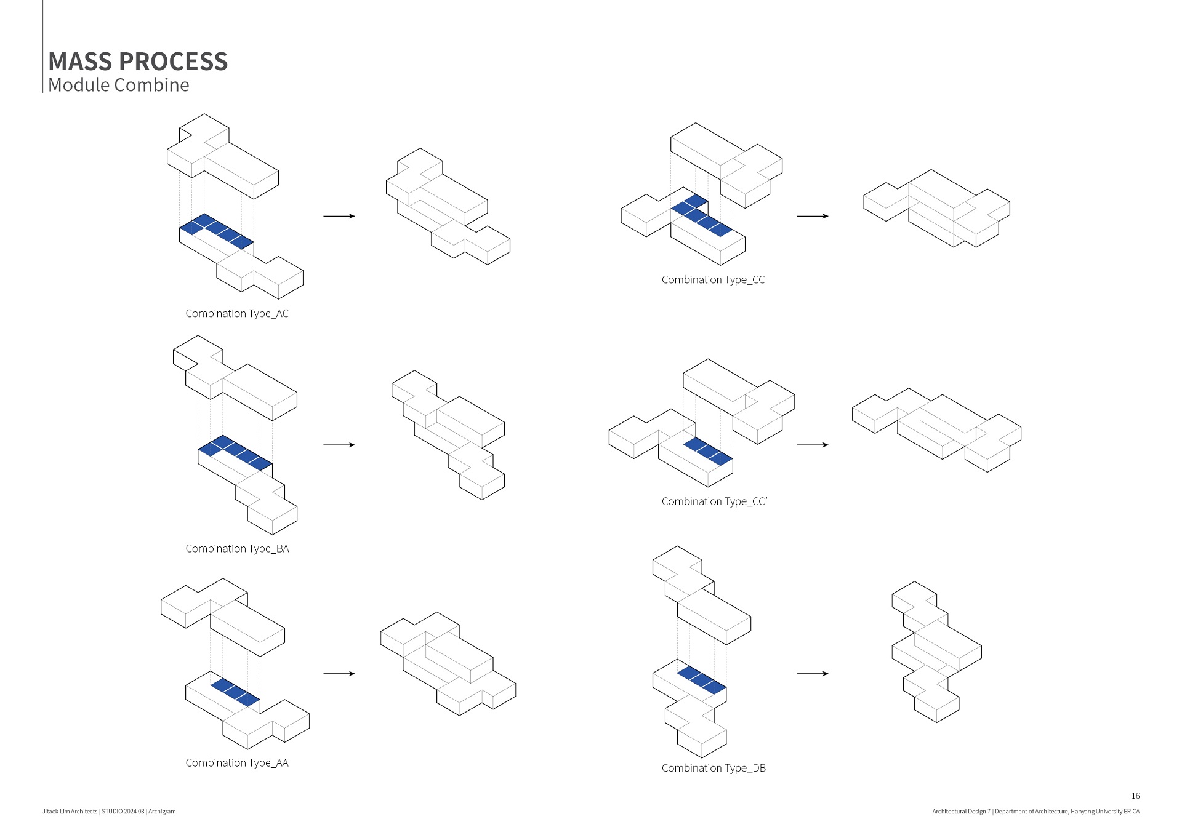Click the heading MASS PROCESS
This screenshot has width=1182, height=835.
(x=138, y=62)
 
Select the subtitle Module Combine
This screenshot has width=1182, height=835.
(x=119, y=85)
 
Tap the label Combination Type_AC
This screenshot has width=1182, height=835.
(x=237, y=313)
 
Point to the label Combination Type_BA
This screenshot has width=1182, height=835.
(x=237, y=548)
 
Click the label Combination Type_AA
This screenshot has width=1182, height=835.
(x=237, y=762)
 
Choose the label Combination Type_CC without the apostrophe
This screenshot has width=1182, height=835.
(x=713, y=279)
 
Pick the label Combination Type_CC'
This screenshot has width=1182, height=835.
(x=714, y=501)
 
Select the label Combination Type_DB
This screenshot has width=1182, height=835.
(x=714, y=768)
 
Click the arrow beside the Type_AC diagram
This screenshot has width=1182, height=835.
(x=339, y=216)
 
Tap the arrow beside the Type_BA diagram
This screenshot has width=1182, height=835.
(x=339, y=445)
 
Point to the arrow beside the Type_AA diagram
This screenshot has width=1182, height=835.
(x=339, y=674)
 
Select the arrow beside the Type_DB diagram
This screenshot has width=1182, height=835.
(x=813, y=674)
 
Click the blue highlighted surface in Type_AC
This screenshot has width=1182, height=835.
(x=217, y=231)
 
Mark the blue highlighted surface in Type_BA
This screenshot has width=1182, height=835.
(x=235, y=453)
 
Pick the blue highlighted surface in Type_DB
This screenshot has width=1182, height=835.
(x=702, y=681)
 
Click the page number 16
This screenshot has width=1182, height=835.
(x=1135, y=796)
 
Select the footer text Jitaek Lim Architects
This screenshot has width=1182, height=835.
(x=70, y=812)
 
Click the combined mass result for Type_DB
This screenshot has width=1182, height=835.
(x=936, y=652)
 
